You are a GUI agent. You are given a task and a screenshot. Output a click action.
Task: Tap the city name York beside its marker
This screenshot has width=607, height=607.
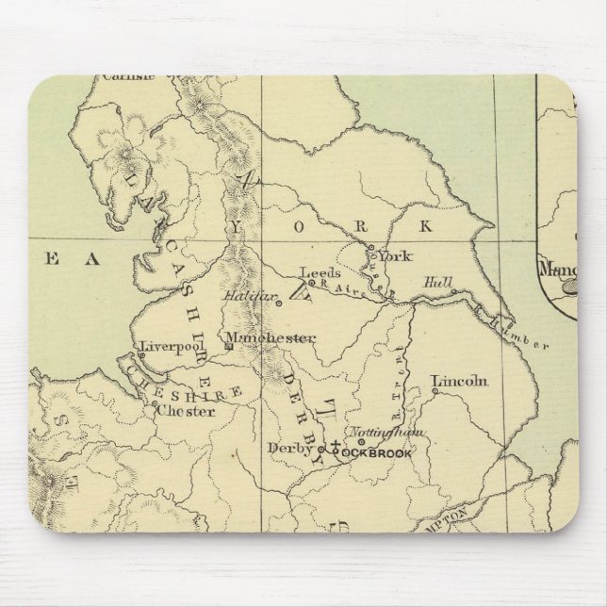click(395, 254)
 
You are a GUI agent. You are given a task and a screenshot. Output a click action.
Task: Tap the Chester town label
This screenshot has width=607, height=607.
click(178, 411)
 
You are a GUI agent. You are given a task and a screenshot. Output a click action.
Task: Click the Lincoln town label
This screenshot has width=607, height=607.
click(459, 382)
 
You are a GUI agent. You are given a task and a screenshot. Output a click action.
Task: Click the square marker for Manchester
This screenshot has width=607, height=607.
click(228, 347)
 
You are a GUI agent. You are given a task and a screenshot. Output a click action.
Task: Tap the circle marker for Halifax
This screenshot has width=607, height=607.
click(278, 303)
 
